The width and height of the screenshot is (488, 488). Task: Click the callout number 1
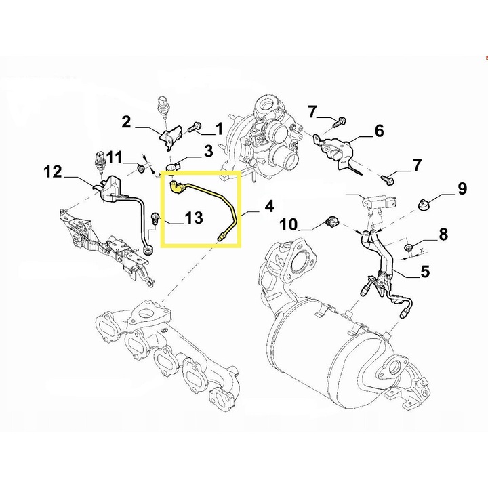pos(219,129)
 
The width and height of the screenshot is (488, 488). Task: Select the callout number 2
pos(126,122)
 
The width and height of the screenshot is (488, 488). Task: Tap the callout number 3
pos(208,150)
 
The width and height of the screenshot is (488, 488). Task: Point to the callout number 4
pos(269,207)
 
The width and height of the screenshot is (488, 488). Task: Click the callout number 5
pos(425,271)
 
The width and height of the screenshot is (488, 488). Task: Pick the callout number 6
pos(379,131)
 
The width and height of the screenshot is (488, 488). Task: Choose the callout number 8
pos(443,234)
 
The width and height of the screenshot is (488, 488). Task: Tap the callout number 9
pos(462,188)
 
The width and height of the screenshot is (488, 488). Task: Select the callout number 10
pos(289,224)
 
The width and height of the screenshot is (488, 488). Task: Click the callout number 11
pos(114,157)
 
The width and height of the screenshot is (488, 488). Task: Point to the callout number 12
pos(53,171)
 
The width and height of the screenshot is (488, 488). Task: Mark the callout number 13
pos(194,218)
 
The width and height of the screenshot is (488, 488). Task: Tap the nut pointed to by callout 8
pos(408,248)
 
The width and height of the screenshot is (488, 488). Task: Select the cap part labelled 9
pos(423,205)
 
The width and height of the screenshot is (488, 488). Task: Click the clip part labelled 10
pos(331,222)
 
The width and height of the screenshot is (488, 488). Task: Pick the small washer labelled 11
pos(141,169)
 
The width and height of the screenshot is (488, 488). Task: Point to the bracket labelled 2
pos(171,136)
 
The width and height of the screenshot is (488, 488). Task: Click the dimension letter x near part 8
pos(422,250)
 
